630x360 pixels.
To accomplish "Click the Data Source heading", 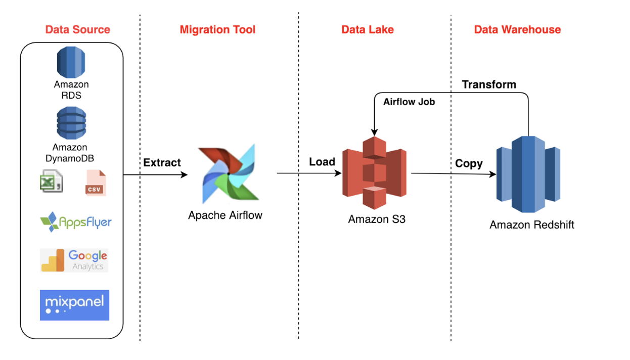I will [x=77, y=29].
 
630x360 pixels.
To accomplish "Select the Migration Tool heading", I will [x=217, y=29].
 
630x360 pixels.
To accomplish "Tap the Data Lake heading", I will [x=368, y=29].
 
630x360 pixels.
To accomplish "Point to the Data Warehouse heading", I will [x=517, y=29].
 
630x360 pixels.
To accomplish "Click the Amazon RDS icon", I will [x=71, y=62].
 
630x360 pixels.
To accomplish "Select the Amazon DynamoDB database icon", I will [x=71, y=123].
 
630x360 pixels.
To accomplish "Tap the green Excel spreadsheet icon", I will [x=51, y=182].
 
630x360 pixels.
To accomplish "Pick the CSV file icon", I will [x=96, y=183].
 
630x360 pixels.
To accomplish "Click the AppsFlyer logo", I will [x=76, y=222].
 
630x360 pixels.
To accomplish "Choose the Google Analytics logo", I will [x=74, y=260].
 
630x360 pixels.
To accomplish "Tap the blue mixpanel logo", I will [x=74, y=305].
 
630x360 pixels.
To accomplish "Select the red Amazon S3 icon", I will [x=374, y=172].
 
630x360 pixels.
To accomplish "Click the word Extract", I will [x=162, y=163].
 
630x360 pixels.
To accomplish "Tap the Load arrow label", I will [x=322, y=162].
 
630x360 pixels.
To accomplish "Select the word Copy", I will [x=469, y=164].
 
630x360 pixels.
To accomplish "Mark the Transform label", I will [x=489, y=84].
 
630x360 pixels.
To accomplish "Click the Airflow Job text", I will [x=409, y=102].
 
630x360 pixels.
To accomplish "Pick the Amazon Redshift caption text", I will [x=532, y=225].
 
